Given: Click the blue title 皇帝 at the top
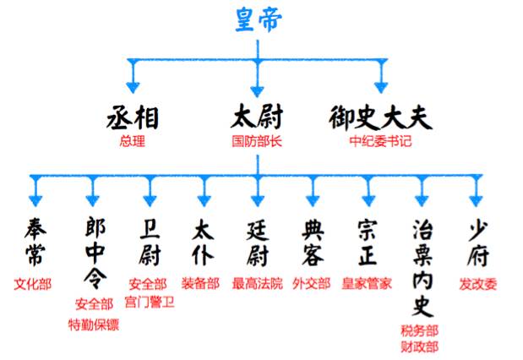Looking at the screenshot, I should point(261,19).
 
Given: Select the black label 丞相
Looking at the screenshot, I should point(133,117).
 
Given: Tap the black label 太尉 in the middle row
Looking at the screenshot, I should point(257,117).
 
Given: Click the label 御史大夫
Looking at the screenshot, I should point(379,117).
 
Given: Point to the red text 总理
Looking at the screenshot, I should point(133,141).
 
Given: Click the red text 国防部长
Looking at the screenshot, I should point(257,141).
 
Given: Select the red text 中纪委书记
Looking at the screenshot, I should point(380,141).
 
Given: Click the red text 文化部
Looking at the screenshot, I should point(33,283).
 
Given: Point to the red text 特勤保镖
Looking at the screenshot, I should point(92,324).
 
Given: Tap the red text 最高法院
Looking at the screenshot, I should point(257,283).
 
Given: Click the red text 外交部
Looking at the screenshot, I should point(312,283).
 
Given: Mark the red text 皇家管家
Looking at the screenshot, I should point(367,283).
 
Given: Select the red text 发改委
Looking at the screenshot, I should point(478,283).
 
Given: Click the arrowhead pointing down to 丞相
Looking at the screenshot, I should point(133,85).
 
